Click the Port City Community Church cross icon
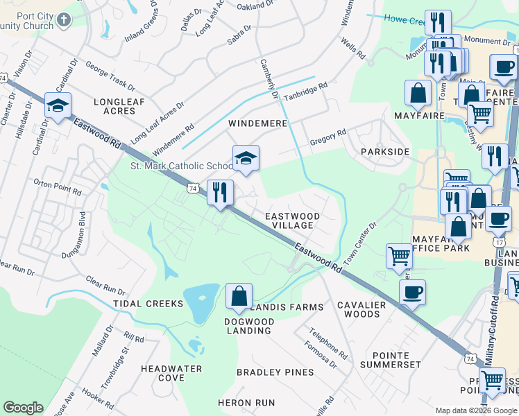coord(65,19)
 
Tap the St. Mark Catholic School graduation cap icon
coord(246,159)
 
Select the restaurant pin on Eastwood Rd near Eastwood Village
coord(220,192)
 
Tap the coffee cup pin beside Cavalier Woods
coord(413,292)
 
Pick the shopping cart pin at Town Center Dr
coord(400,256)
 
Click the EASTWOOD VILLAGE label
coord(293,220)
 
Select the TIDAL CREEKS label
coord(155,304)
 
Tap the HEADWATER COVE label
coord(171,373)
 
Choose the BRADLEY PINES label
coord(275,372)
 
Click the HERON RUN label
coord(246,403)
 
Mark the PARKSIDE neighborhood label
coord(385,151)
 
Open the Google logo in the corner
coord(23,408)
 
